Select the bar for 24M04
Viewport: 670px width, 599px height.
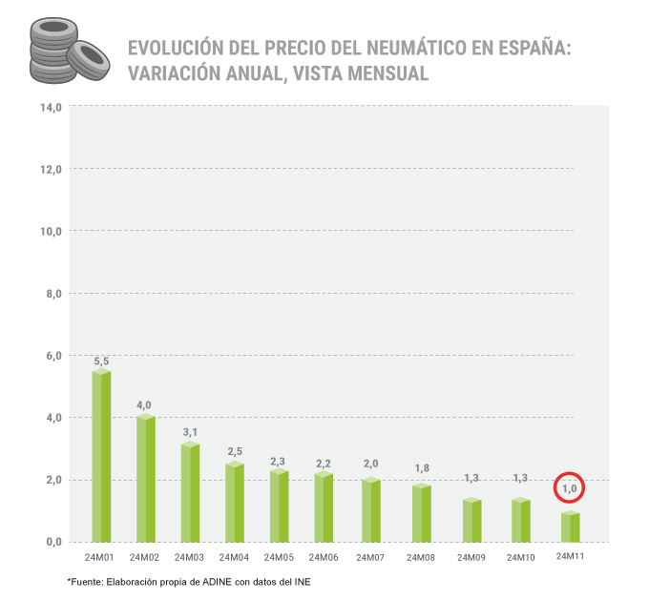coord(235,503)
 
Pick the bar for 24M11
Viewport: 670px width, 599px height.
coord(570,527)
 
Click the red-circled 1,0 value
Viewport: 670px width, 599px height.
coord(569,488)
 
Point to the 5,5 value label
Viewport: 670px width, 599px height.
coord(101,361)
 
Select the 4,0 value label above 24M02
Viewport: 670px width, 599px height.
coord(144,405)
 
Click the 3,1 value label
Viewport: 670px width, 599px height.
coord(190,433)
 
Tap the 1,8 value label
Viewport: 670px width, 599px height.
coord(421,467)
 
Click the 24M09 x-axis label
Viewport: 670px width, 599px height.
coord(471,557)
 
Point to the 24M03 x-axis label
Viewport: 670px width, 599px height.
coord(190,557)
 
